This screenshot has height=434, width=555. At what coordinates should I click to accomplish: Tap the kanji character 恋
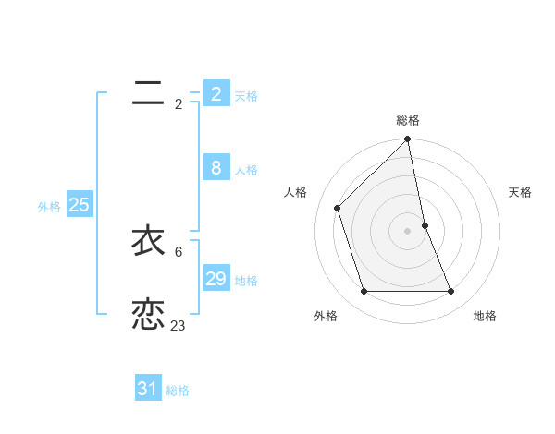pyautogui.click(x=148, y=314)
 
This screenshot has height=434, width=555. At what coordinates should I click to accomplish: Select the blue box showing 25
pyautogui.click(x=79, y=205)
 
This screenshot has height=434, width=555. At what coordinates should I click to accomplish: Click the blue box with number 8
pyautogui.click(x=216, y=168)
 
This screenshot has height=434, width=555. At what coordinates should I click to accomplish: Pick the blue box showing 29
pyautogui.click(x=216, y=279)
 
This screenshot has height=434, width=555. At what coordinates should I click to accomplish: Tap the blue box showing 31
pyautogui.click(x=148, y=389)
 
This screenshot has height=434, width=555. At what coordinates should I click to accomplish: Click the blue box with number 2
pyautogui.click(x=216, y=94)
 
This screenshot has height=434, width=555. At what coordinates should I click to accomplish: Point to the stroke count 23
pyautogui.click(x=179, y=326)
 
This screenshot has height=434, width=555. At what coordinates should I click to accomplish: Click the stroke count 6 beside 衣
pyautogui.click(x=179, y=251)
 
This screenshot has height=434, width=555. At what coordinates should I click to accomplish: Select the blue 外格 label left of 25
pyautogui.click(x=49, y=207)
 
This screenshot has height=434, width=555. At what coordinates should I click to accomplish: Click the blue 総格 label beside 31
pyautogui.click(x=178, y=391)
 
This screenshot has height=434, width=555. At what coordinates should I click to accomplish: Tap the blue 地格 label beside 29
pyautogui.click(x=246, y=281)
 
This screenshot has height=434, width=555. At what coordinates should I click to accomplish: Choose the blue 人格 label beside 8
pyautogui.click(x=246, y=170)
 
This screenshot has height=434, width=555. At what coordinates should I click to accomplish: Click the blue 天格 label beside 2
pyautogui.click(x=246, y=96)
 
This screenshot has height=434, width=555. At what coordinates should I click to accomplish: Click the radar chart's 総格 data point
pyautogui.click(x=407, y=139)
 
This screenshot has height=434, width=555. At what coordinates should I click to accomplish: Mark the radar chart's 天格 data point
pyautogui.click(x=425, y=224)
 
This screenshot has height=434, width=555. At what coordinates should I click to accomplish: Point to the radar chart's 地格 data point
pyautogui.click(x=451, y=292)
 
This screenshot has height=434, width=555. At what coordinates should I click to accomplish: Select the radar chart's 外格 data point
pyautogui.click(x=364, y=292)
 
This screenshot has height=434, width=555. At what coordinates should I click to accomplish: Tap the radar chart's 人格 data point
pyautogui.click(x=338, y=208)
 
